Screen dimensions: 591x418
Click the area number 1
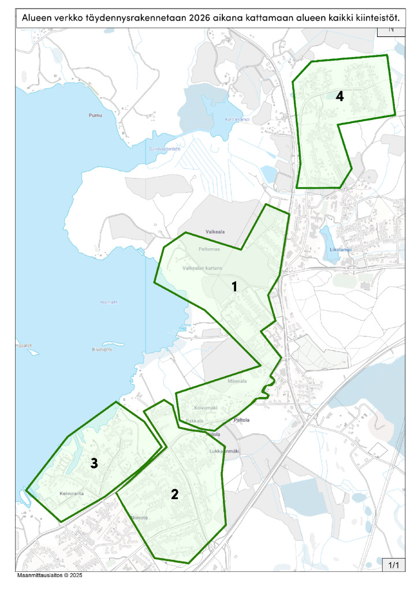[235, 286]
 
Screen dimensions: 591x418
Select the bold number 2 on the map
[174, 493]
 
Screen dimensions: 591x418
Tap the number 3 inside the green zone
[94, 462]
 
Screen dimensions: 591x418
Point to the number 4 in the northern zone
[340, 96]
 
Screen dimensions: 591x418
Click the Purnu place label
[95, 116]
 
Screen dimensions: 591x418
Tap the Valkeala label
[214, 231]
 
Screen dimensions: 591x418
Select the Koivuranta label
[72, 494]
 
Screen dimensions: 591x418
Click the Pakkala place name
[196, 421]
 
